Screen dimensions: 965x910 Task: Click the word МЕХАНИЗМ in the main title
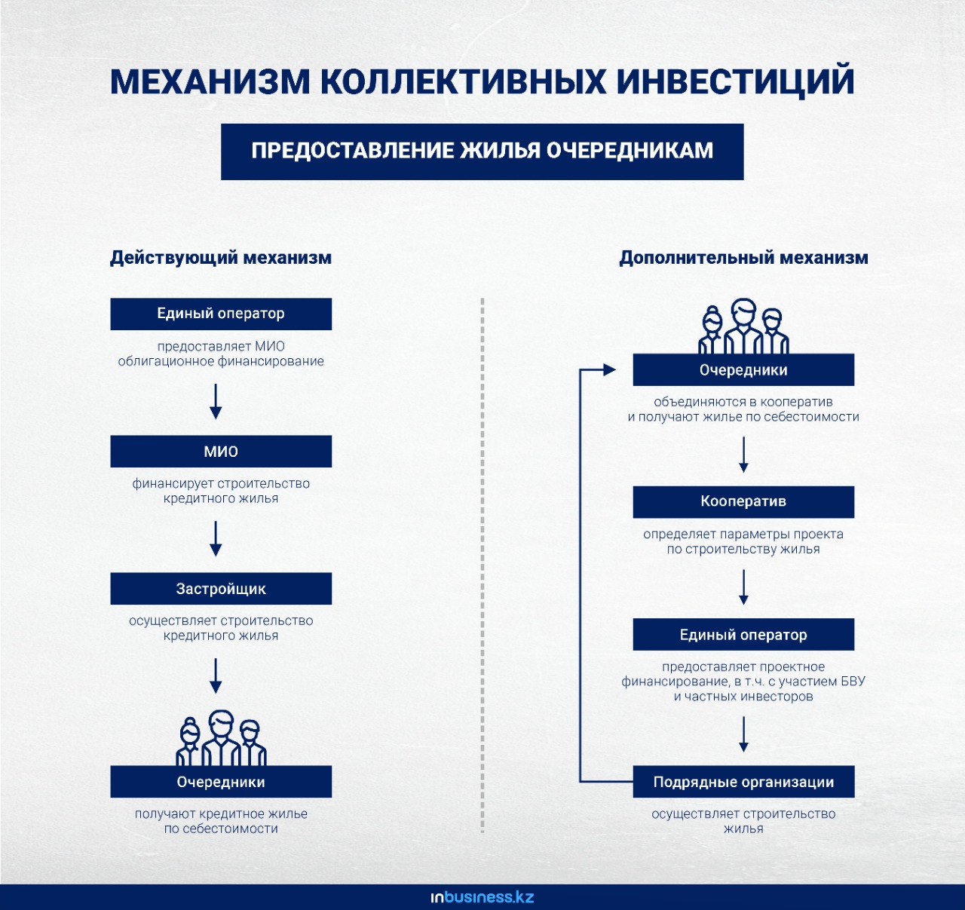pyautogui.click(x=210, y=81)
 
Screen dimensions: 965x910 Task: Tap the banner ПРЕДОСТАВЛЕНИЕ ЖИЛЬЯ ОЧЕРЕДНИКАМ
pyautogui.click(x=482, y=152)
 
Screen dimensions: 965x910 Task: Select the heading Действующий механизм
pyautogui.click(x=221, y=258)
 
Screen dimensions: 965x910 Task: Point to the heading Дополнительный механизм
pyautogui.click(x=743, y=258)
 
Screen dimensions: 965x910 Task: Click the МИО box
pyautogui.click(x=221, y=451)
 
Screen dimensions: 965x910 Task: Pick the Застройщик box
pyautogui.click(x=221, y=589)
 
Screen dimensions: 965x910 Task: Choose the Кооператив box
pyautogui.click(x=743, y=501)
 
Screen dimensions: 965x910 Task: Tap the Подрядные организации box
pyautogui.click(x=743, y=782)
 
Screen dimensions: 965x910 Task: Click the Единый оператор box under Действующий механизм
pyautogui.click(x=221, y=314)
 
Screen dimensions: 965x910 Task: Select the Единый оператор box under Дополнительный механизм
pyautogui.click(x=743, y=634)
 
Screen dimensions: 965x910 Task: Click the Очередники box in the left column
pyautogui.click(x=221, y=782)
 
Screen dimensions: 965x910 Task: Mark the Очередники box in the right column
pyautogui.click(x=743, y=370)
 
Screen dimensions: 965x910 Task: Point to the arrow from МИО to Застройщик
pyautogui.click(x=216, y=538)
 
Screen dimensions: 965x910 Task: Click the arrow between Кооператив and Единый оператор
pyautogui.click(x=743, y=587)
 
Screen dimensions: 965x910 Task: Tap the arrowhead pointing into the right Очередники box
pyautogui.click(x=609, y=370)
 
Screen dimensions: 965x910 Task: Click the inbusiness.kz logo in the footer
pyautogui.click(x=482, y=897)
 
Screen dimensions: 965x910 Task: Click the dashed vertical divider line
pyautogui.click(x=482, y=565)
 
